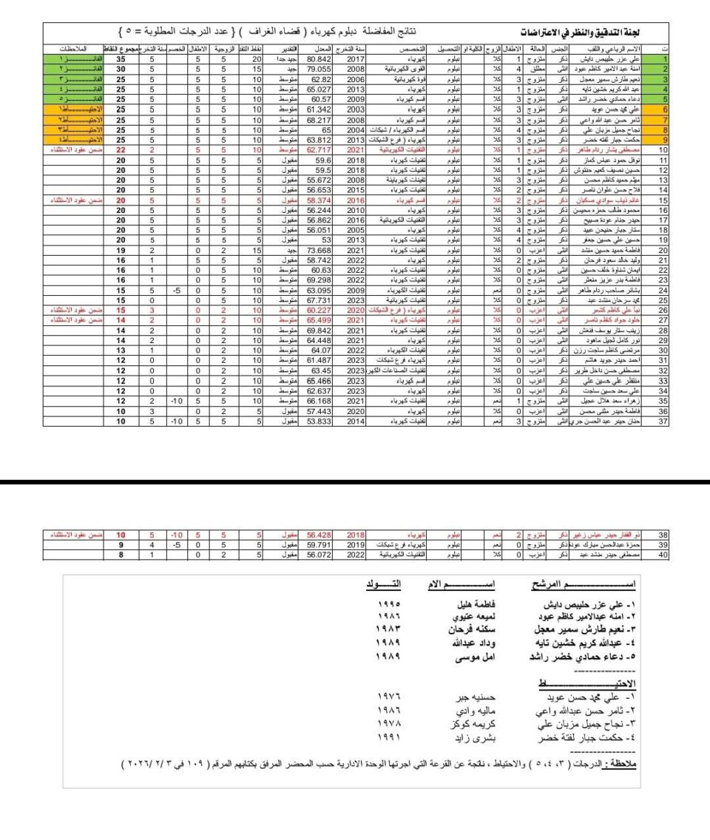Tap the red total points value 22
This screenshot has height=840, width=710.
click(x=120, y=149)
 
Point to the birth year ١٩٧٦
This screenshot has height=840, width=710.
click(x=388, y=697)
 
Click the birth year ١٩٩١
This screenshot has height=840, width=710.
click(x=388, y=737)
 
